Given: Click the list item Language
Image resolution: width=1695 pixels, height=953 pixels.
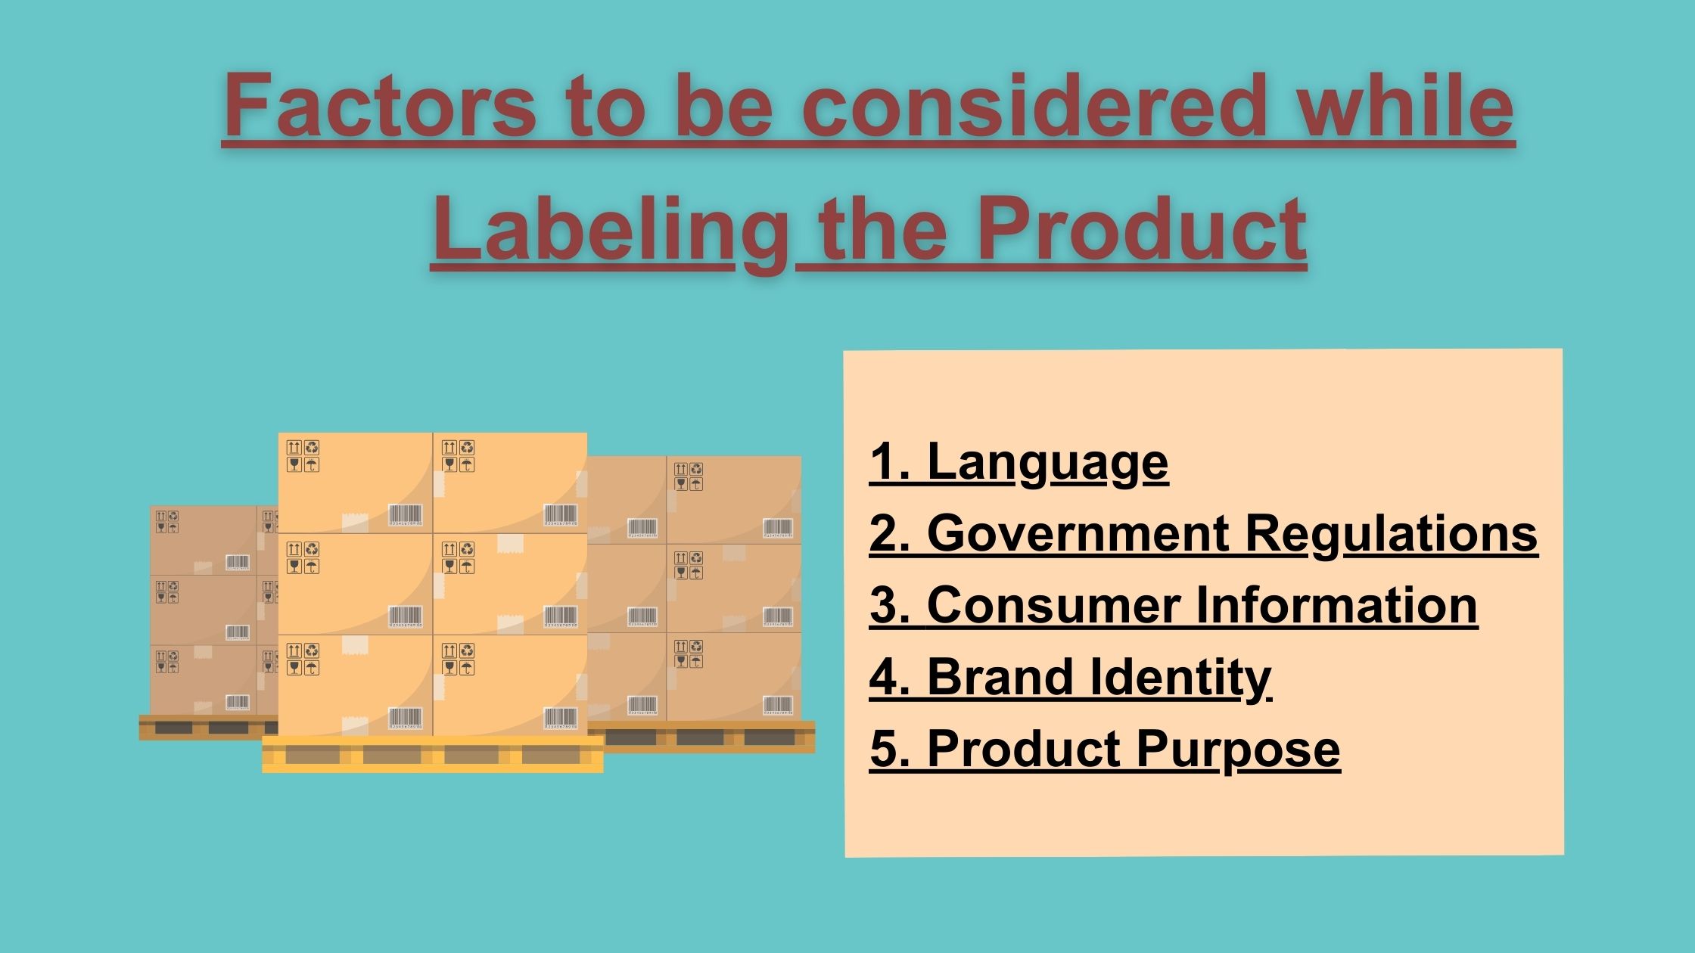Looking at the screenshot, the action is click(1048, 463).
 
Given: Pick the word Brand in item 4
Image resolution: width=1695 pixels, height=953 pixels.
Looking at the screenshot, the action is click(1000, 676).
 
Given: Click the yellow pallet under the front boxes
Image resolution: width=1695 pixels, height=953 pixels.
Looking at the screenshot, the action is click(433, 753).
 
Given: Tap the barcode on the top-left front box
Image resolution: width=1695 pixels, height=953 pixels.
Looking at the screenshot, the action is click(406, 515).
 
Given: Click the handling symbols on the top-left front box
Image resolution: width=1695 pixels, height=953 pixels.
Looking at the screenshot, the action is click(303, 456).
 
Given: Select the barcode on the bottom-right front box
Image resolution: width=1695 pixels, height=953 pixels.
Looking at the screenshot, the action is click(561, 719).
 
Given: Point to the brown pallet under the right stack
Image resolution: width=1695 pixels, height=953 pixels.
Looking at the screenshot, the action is click(701, 736).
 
